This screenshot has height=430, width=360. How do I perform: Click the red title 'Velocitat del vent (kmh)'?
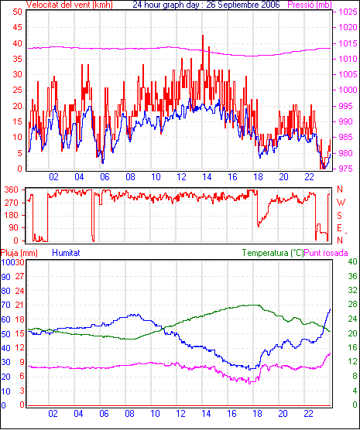point(70,5)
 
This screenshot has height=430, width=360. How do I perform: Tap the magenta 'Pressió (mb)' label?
point(310,5)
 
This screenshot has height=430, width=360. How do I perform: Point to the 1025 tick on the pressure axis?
point(348,12)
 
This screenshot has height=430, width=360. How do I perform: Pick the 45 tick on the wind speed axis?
point(18,27)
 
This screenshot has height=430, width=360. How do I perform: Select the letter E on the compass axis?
point(340,228)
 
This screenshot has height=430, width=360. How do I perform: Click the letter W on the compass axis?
point(341,203)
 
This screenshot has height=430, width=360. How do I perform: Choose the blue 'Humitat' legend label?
point(66,253)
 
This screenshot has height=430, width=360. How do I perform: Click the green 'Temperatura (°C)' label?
point(273,253)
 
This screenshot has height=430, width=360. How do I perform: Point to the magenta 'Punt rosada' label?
point(326,253)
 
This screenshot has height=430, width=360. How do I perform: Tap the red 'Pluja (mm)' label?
point(19,253)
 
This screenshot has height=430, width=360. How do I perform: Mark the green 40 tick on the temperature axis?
point(352,261)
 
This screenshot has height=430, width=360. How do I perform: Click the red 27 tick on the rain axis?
point(20,276)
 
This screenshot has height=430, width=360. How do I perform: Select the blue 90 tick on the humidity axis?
point(5,277)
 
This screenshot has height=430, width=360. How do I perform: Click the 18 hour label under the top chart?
point(258,177)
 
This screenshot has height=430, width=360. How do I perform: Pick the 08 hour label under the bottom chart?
point(129,413)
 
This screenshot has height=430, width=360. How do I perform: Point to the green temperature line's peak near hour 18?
point(252,305)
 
